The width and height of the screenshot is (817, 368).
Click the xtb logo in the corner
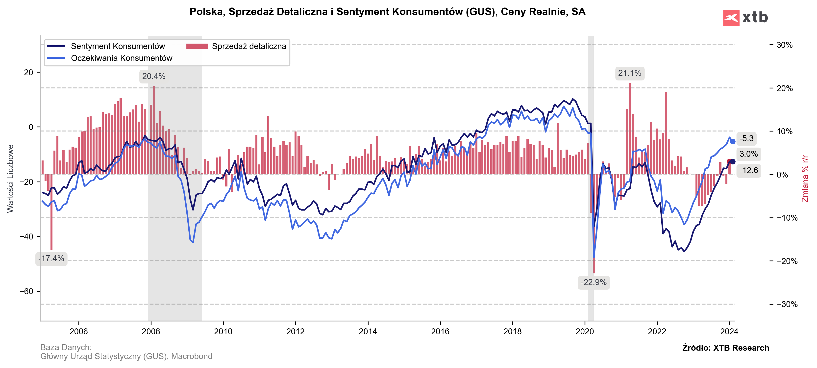[745, 17]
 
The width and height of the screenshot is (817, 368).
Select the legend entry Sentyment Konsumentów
[118, 46]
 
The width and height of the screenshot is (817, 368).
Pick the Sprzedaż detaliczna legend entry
[249, 46]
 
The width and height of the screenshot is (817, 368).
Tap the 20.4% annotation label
[153, 77]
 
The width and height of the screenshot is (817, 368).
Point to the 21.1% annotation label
[630, 73]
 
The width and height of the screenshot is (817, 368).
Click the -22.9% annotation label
[594, 282]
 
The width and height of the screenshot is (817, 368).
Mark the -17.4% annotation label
[51, 259]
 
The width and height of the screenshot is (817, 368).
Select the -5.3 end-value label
[746, 139]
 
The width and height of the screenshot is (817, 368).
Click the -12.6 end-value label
[748, 171]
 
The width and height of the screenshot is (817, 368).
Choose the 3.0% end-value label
[748, 154]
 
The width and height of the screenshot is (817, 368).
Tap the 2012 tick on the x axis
[295, 332]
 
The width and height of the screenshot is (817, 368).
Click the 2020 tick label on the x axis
[585, 332]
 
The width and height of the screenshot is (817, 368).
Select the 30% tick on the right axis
[784, 45]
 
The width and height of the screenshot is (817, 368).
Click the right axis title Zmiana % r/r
[805, 178]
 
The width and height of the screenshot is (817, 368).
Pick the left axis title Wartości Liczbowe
[10, 178]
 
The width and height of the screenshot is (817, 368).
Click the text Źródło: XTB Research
[726, 348]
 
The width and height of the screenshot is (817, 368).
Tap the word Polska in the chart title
[207, 12]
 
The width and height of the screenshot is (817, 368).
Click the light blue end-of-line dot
[733, 141]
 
